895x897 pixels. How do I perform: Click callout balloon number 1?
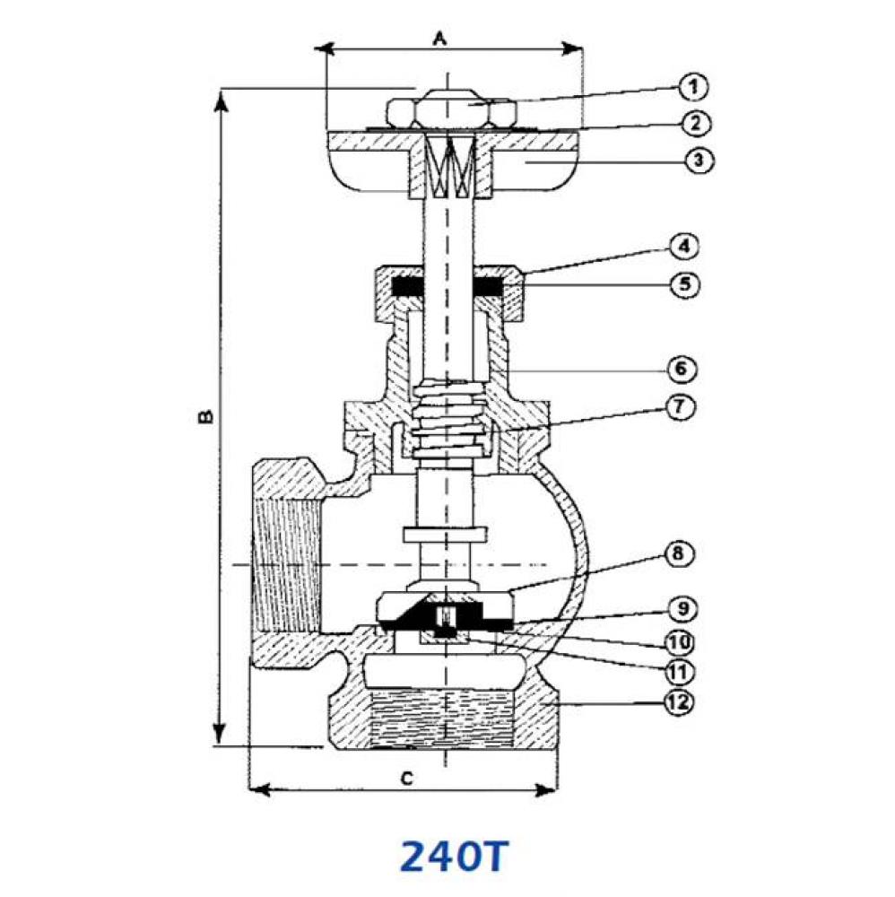(x=692, y=87)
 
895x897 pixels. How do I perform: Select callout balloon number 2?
(x=693, y=123)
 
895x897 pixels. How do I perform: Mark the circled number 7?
(x=679, y=407)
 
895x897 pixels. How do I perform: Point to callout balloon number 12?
(x=680, y=703)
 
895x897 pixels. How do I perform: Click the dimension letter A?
(x=440, y=38)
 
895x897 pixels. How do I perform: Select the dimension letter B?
(x=204, y=417)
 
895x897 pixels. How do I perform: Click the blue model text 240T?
(x=453, y=857)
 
